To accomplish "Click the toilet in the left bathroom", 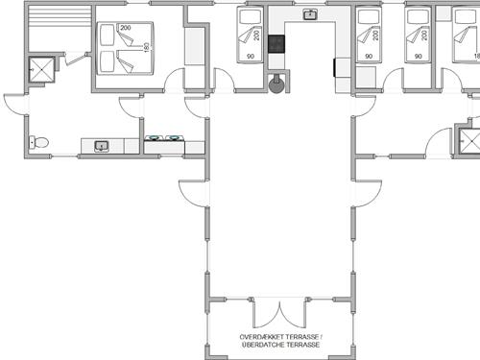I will point(39,143).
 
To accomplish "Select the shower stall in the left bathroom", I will point(40,70).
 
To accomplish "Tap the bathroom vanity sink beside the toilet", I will point(102,146).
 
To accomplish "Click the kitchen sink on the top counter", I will point(310,14).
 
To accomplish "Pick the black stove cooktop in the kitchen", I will point(276,43).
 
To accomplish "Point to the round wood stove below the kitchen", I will point(277,87).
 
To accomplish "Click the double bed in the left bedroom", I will point(123,49).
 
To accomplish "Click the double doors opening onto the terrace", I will point(277,316).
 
